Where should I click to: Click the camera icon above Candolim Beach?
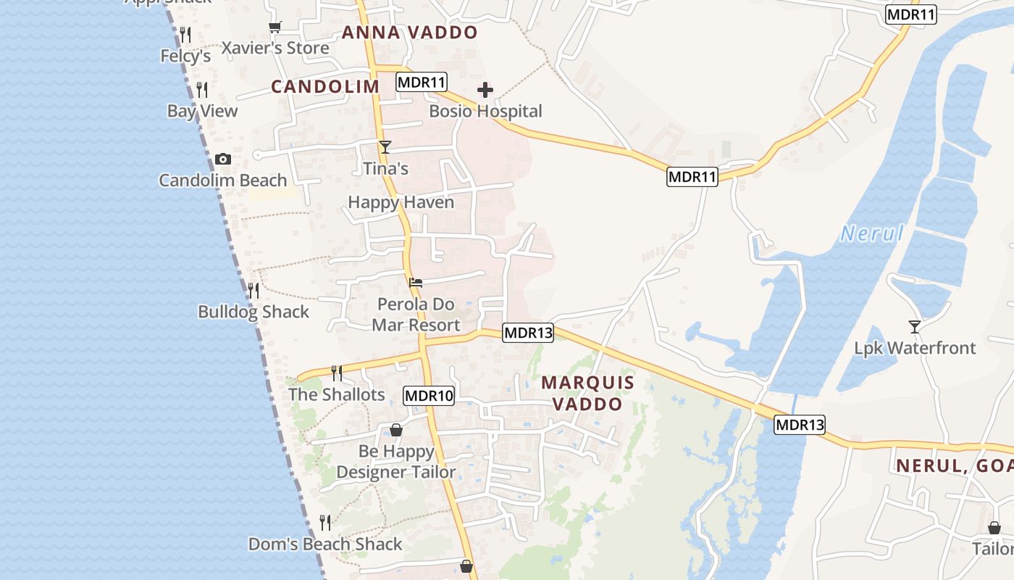[x=223, y=159]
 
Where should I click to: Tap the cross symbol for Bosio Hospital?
[x=485, y=90]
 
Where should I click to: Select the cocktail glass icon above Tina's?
[x=385, y=146]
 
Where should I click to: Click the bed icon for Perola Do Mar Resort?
[x=416, y=282]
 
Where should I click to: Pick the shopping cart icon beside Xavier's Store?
[x=275, y=28]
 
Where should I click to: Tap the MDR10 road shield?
[x=429, y=396]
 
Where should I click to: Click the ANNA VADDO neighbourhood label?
[x=410, y=33]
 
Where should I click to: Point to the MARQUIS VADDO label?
[x=588, y=393]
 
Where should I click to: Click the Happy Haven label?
[x=401, y=202]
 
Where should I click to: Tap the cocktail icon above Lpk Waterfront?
[x=915, y=327]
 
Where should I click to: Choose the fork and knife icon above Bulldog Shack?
[x=253, y=291]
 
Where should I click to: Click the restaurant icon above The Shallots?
[x=337, y=373]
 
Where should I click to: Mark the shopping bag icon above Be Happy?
[x=396, y=430]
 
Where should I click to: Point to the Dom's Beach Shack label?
[x=325, y=544]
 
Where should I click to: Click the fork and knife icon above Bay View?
[x=203, y=90]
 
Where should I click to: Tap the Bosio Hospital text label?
[x=485, y=112]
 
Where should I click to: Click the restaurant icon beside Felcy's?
[x=185, y=35]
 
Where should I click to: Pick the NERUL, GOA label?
[x=955, y=466]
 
